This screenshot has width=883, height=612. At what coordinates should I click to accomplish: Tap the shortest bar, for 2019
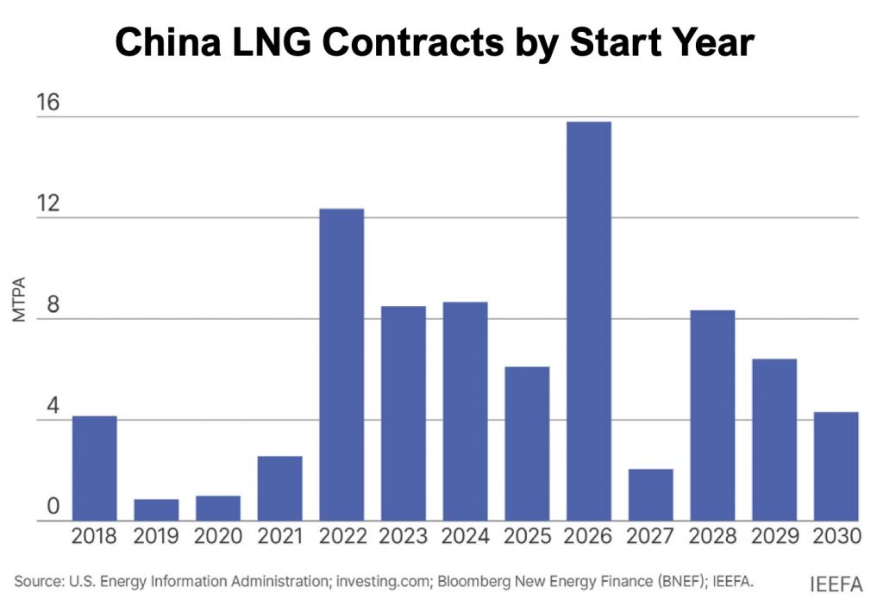coord(156,509)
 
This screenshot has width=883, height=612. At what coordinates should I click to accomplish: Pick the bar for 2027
coord(651,495)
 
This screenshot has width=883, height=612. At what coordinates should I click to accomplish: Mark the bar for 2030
coord(836,466)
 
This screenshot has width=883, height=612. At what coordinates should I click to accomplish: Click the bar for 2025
coord(527,443)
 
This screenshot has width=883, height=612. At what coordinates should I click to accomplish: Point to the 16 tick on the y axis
coord(47,103)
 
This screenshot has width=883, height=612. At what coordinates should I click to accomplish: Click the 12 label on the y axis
coord(47,204)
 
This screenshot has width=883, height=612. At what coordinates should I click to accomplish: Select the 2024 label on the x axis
coord(465,537)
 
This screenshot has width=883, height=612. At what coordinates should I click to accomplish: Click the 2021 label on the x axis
coord(279,537)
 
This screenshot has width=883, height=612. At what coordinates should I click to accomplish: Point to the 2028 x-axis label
coord(712,537)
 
